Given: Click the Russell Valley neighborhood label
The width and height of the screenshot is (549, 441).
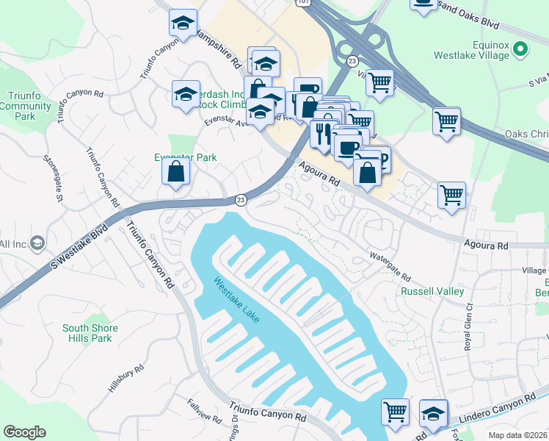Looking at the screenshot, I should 432,291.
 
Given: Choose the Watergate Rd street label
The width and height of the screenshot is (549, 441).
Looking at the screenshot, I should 389,266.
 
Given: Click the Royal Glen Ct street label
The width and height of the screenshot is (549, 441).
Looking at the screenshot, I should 467,330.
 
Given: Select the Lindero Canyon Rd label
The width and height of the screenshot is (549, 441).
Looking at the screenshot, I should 499,409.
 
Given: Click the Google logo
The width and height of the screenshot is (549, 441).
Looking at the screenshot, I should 24,432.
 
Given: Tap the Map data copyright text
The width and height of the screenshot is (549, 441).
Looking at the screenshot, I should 517,435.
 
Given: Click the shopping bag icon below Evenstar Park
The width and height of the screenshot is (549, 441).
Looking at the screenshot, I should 176,172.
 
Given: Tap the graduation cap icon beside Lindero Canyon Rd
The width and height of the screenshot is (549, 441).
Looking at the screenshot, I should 433,414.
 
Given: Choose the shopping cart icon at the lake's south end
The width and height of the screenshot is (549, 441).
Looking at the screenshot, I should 396,412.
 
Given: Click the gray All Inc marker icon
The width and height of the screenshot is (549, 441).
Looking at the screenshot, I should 38,243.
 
